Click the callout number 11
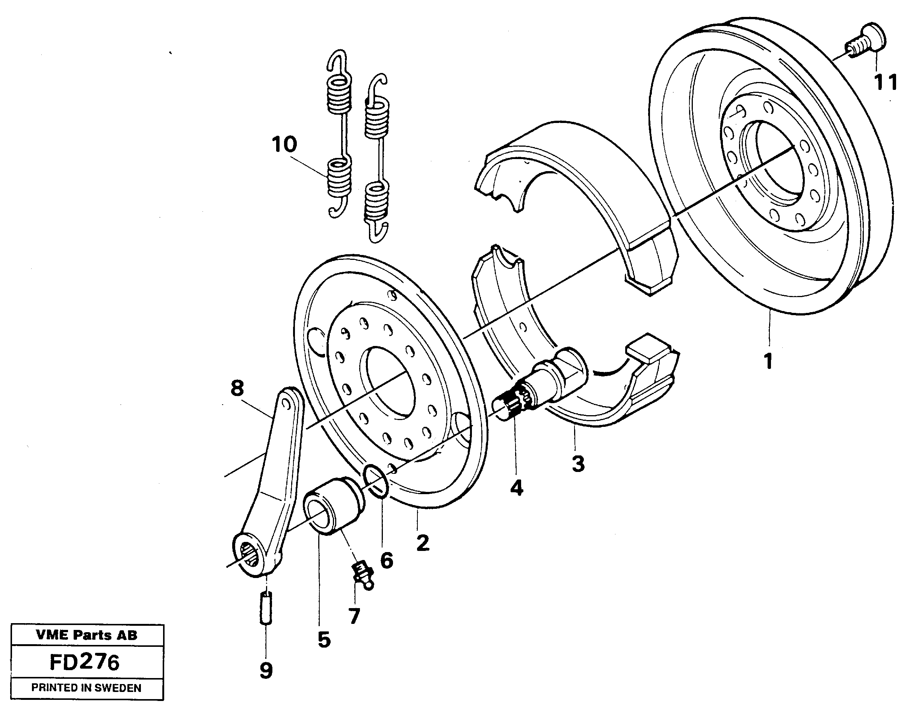tap(886, 82)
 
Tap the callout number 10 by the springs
tap(284, 144)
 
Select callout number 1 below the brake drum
tap(768, 361)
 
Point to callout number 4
tap(516, 488)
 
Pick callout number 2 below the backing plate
tap(423, 543)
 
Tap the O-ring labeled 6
tap(376, 482)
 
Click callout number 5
tap(324, 640)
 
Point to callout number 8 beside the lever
tap(237, 388)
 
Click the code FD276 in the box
tap(85, 662)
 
